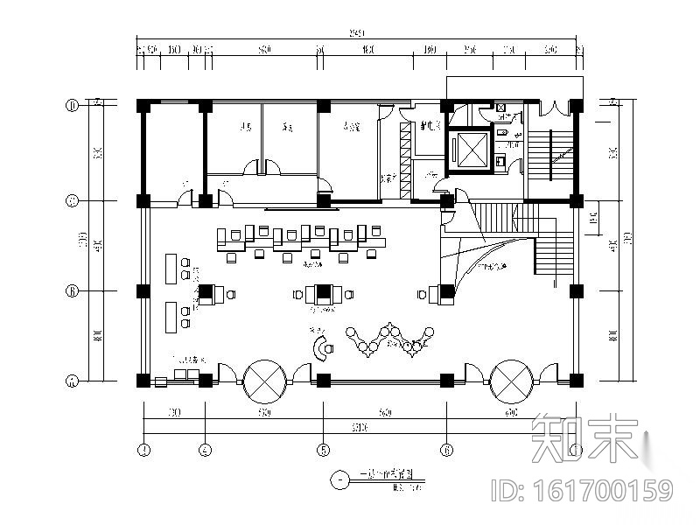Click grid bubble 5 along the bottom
coord(323,451)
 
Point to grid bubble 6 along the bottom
coord(446,451)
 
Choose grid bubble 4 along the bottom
coord(205,451)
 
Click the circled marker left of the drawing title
coord(339,478)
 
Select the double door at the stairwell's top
coord(551,108)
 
